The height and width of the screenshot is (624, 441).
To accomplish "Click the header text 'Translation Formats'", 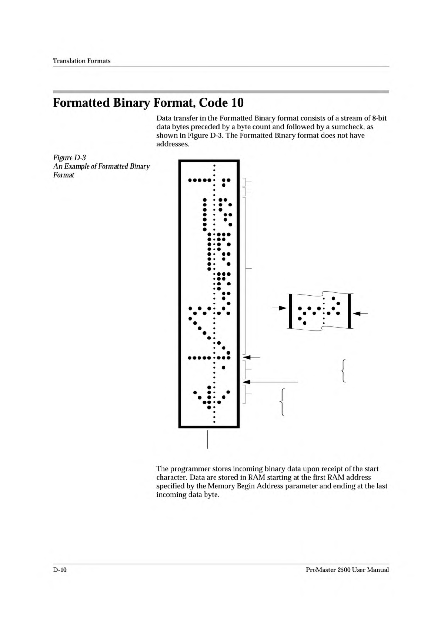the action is (82, 60).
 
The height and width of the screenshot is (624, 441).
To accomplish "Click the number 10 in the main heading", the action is (237, 103).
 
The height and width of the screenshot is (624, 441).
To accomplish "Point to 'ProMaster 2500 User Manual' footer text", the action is (347, 570).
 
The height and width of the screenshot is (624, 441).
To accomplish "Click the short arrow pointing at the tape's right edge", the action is (251, 357).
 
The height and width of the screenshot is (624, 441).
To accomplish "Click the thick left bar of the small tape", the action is (290, 311).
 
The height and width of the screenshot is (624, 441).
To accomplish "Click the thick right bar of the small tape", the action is (349, 311).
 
